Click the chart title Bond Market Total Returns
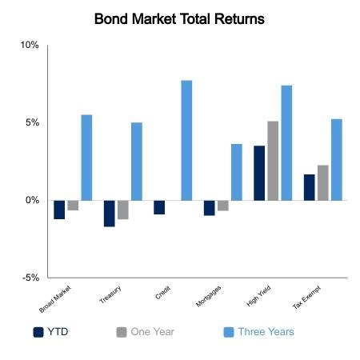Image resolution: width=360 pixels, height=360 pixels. (179, 19)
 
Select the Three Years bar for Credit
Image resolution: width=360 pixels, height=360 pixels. (186, 140)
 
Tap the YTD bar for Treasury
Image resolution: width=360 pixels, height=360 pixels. (110, 214)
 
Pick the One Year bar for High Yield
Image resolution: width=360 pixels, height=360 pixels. (273, 161)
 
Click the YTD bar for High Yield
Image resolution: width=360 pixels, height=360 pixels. (259, 173)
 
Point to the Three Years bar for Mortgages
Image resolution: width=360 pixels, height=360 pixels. (237, 172)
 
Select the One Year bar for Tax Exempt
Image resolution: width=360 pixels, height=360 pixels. (323, 183)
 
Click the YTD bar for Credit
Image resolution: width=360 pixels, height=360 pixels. (159, 207)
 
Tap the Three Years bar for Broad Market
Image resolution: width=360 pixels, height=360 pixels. (86, 158)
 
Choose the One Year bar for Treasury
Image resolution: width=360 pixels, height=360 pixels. (123, 210)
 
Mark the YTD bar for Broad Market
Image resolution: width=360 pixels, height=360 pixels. (59, 210)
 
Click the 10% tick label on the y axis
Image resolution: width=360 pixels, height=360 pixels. (30, 45)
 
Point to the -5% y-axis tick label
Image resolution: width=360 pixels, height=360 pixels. (30, 278)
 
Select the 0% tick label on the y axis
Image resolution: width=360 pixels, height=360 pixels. (33, 200)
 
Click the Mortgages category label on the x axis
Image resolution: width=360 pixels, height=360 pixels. (209, 296)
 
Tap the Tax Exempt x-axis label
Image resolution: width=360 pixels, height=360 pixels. (306, 298)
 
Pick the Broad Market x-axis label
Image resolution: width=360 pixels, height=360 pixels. (55, 299)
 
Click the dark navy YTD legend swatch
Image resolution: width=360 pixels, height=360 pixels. (38, 332)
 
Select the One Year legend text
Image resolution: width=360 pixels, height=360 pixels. (153, 332)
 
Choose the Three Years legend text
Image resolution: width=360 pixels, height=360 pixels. (266, 332)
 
